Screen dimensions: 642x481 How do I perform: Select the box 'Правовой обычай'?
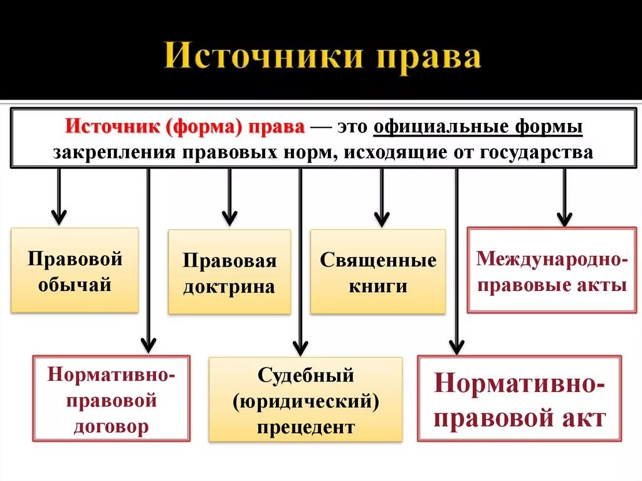(75, 270)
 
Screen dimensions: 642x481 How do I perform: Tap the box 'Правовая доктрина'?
(229, 273)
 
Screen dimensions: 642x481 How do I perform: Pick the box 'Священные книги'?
(378, 272)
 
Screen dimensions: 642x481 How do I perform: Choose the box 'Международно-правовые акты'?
(552, 271)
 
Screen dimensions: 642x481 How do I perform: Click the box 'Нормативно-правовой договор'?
(111, 399)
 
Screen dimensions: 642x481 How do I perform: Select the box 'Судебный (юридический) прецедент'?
(305, 401)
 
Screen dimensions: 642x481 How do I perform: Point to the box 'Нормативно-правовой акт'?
(519, 399)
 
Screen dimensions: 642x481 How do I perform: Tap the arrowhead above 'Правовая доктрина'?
(229, 218)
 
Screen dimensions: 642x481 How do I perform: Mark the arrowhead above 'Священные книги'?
(382, 219)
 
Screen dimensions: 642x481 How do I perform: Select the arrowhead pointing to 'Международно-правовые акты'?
(564, 218)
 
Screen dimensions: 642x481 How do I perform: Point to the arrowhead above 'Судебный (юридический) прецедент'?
(300, 347)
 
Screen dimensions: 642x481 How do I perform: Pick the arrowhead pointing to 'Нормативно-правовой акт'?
(456, 347)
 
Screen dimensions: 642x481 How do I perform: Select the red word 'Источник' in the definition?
(113, 126)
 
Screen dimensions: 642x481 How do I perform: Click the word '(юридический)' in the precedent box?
(305, 401)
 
